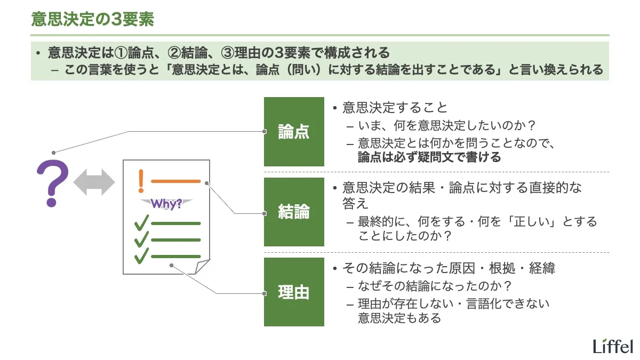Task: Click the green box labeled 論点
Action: [x=294, y=132]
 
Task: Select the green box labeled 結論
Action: [x=294, y=212]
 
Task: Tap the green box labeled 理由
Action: [x=294, y=292]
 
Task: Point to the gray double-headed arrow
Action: [x=94, y=182]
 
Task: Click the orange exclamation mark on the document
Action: [x=141, y=181]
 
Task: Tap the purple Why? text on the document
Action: [x=166, y=203]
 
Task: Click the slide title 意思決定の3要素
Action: [x=92, y=19]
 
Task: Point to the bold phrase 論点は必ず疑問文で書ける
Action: [x=429, y=157]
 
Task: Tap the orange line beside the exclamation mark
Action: [x=175, y=181]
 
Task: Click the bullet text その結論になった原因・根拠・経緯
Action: [x=449, y=268]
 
